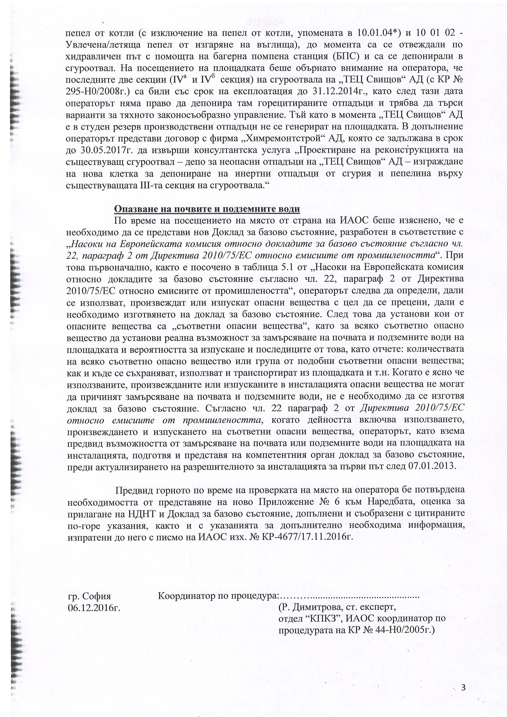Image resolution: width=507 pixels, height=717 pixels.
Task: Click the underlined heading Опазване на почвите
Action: [207, 209]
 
